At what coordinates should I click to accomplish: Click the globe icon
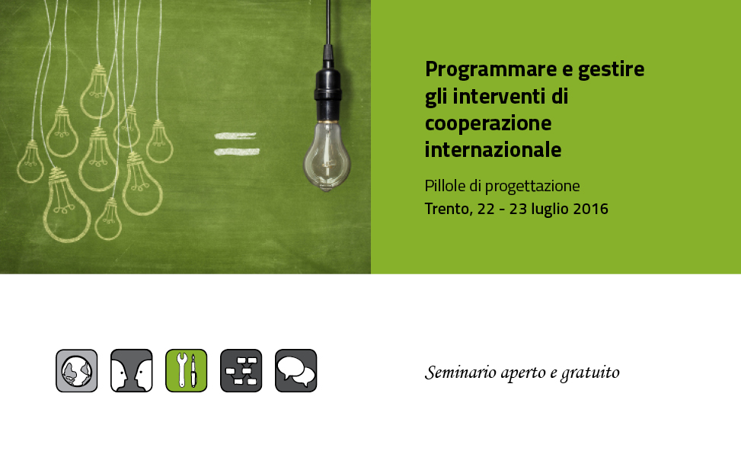pyautogui.click(x=77, y=370)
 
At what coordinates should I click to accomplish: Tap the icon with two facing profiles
pyautogui.click(x=132, y=370)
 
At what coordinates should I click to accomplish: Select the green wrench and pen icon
pyautogui.click(x=186, y=370)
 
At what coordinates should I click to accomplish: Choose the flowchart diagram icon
pyautogui.click(x=241, y=370)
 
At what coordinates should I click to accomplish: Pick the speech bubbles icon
pyautogui.click(x=295, y=370)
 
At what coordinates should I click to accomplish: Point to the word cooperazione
pyautogui.click(x=488, y=124)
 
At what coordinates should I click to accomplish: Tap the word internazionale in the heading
pyautogui.click(x=493, y=150)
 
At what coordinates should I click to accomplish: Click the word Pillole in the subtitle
pyautogui.click(x=445, y=186)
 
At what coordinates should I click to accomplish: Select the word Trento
pyautogui.click(x=448, y=209)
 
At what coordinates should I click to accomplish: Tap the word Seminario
pyautogui.click(x=461, y=373)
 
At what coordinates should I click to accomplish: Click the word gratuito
pyautogui.click(x=590, y=373)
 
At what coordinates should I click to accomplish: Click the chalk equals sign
pyautogui.click(x=236, y=144)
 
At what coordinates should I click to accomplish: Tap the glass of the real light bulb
pyautogui.click(x=327, y=156)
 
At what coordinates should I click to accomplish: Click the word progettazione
pyautogui.click(x=532, y=187)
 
